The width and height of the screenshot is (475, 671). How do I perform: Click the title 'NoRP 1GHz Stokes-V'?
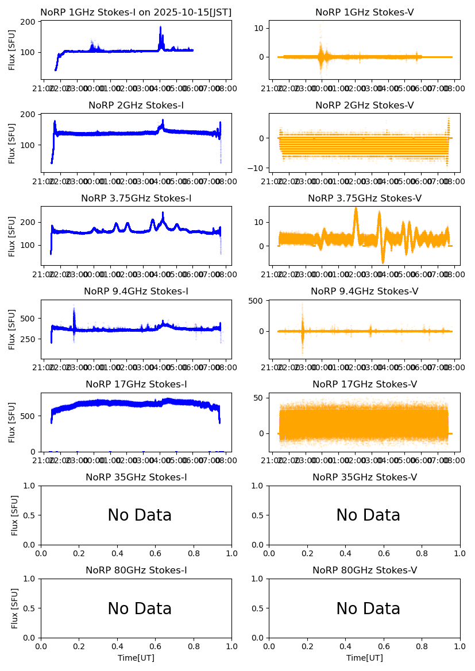pos(364,13)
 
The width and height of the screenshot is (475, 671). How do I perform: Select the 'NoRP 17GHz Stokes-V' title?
pos(364,385)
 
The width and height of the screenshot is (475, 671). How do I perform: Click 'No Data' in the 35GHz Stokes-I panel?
pos(140,515)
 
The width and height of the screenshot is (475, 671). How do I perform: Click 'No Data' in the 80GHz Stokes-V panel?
pos(368,608)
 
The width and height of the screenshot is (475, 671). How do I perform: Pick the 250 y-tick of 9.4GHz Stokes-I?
pos(29,339)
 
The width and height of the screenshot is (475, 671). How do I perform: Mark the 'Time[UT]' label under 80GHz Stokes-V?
pos(364,658)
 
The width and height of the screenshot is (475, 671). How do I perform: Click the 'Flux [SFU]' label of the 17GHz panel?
pos(13,422)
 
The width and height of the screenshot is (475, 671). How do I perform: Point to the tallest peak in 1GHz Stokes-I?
pos(160,27)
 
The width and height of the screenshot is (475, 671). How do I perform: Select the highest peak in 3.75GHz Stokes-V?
pos(356,208)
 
